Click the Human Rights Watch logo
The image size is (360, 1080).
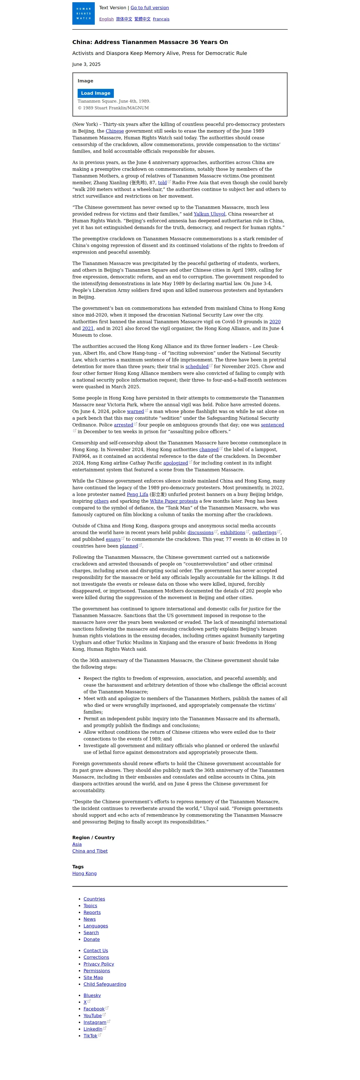click(83, 13)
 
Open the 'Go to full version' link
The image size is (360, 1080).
click(150, 8)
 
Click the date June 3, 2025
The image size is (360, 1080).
click(86, 64)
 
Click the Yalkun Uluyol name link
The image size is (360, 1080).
click(209, 214)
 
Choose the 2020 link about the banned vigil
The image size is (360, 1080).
click(275, 322)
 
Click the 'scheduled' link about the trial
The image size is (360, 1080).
click(197, 367)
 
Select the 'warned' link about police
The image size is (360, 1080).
click(135, 412)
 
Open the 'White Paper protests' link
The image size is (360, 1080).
click(174, 501)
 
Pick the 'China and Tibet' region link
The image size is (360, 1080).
click(90, 851)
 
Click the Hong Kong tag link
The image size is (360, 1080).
click(84, 874)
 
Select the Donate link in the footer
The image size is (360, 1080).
click(91, 940)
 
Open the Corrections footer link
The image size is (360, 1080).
click(96, 957)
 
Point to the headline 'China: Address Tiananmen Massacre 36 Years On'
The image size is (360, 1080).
click(150, 42)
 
